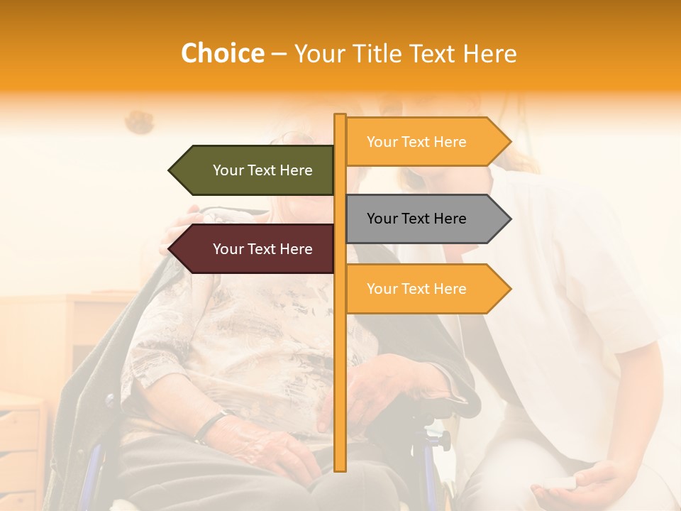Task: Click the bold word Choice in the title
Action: (x=222, y=53)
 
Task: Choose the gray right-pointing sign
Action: (x=422, y=219)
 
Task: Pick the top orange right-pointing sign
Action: (x=422, y=142)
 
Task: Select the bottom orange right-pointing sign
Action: (x=422, y=289)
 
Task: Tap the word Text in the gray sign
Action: (x=416, y=219)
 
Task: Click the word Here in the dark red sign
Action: (x=296, y=249)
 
